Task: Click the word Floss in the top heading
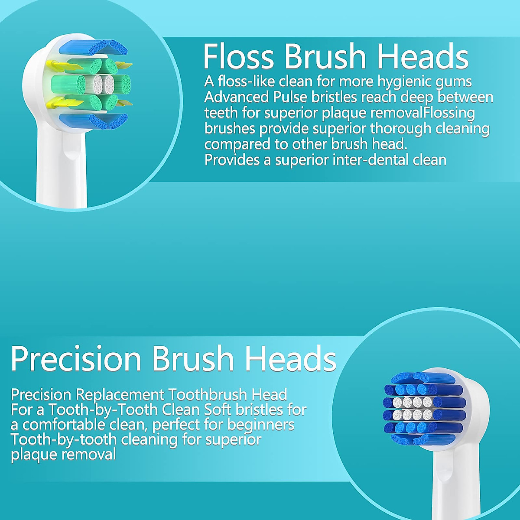239,56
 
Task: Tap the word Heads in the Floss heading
422,56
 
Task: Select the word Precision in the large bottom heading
76,359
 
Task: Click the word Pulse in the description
290,97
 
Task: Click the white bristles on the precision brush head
412,409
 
